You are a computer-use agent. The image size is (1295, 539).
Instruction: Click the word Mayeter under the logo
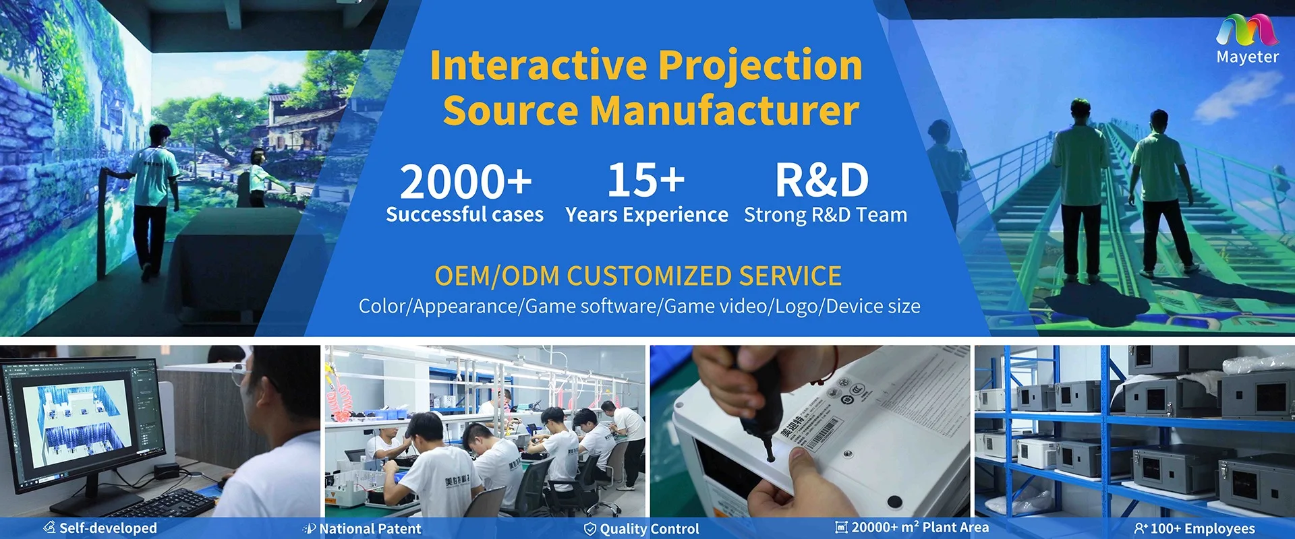[1247, 57]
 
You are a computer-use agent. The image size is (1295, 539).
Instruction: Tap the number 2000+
[465, 182]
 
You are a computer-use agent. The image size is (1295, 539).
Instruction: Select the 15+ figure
[645, 180]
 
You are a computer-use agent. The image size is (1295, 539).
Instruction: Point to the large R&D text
[822, 181]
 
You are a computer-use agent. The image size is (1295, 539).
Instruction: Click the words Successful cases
[465, 214]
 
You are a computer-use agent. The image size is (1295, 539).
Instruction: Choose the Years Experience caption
[647, 215]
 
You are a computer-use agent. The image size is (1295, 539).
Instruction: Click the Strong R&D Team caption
[826, 215]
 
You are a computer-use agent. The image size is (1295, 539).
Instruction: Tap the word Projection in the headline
[760, 67]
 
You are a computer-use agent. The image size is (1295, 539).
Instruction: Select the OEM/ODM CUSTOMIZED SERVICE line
[638, 276]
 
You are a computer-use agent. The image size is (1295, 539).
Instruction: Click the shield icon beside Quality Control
[589, 529]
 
